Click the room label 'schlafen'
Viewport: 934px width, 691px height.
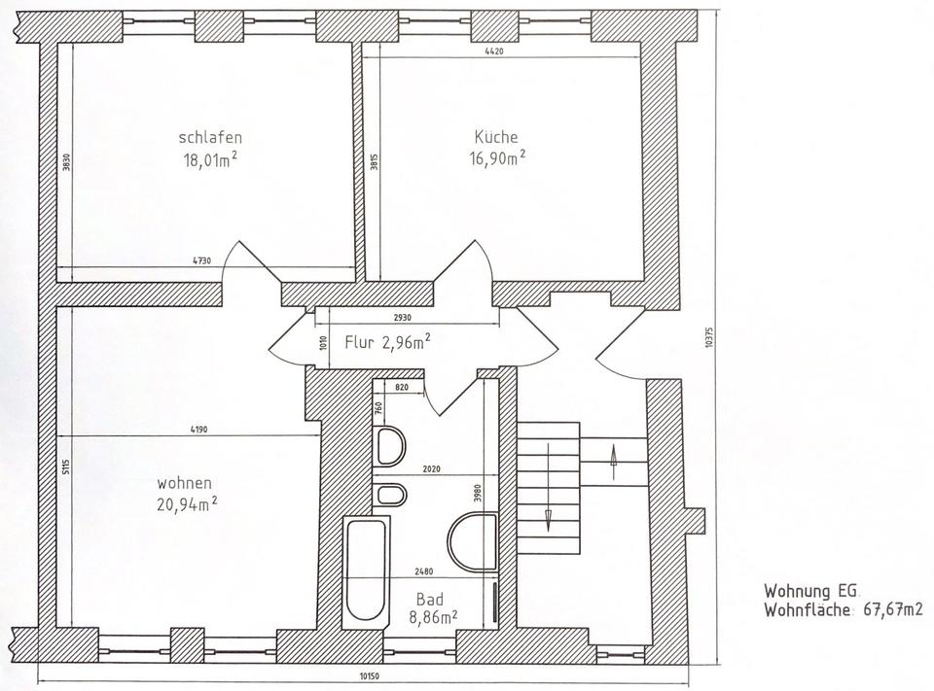210,137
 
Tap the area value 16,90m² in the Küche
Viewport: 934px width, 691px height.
498,158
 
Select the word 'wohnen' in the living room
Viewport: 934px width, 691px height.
184,483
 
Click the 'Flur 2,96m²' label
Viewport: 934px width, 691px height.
388,342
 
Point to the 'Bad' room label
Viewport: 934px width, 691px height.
429,599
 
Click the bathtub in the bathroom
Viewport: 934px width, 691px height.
367,571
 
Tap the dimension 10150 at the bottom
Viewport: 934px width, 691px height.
370,675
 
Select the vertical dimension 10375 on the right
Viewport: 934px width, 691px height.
708,337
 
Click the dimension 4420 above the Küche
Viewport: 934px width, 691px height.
494,52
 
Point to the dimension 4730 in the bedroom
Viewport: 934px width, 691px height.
201,260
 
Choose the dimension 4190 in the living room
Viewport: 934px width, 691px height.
198,430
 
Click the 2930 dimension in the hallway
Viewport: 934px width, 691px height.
402,318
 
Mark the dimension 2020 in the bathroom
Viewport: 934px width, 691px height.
431,469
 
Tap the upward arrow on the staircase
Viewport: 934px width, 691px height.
613,463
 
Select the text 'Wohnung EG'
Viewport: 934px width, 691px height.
811,591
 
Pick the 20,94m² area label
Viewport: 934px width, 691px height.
187,504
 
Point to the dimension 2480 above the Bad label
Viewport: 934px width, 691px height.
423,571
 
